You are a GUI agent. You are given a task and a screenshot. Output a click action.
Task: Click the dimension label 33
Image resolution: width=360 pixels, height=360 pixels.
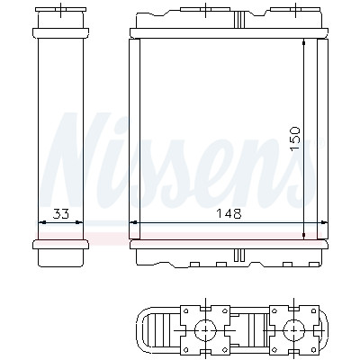pyautogui.click(x=61, y=214)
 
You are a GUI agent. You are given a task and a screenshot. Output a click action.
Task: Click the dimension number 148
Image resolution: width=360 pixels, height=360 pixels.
pyautogui.click(x=229, y=214)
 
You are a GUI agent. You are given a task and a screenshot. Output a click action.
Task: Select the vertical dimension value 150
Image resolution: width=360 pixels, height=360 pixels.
pyautogui.click(x=295, y=139)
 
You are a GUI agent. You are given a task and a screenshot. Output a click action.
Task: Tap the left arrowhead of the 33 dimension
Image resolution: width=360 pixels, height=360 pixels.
pyautogui.click(x=42, y=222)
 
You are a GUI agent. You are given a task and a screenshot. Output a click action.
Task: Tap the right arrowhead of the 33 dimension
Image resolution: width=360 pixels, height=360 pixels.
pyautogui.click(x=78, y=222)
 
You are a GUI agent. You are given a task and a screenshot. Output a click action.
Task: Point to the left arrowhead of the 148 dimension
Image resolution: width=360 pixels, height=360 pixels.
pyautogui.click(x=133, y=222)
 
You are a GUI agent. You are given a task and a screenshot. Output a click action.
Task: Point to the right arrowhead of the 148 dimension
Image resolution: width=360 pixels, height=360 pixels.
pyautogui.click(x=323, y=222)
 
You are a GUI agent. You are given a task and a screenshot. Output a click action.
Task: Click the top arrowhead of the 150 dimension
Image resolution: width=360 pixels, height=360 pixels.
pyautogui.click(x=304, y=43)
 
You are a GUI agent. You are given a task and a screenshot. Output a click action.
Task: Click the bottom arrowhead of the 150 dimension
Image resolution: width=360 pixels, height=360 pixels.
pyautogui.click(x=304, y=235)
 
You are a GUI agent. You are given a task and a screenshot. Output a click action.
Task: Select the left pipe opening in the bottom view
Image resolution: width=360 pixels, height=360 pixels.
pyautogui.click(x=205, y=330)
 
